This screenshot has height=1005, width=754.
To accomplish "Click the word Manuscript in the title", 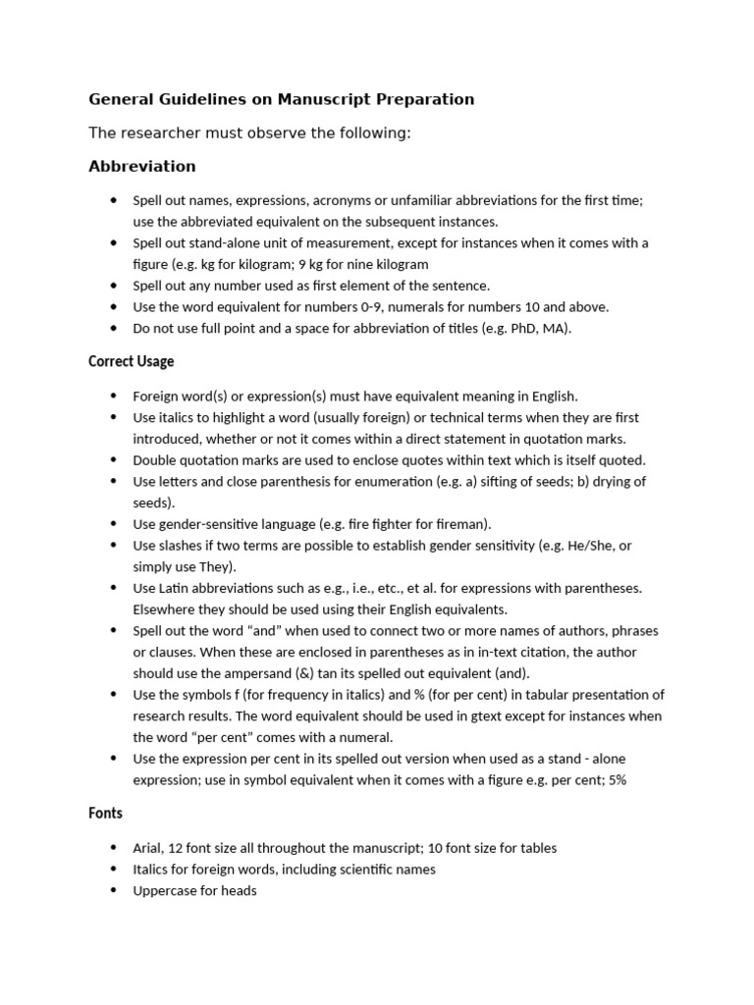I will pos(319,99).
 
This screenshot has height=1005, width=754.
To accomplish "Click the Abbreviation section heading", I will pos(142,166).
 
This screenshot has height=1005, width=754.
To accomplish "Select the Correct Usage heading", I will pos(132,361).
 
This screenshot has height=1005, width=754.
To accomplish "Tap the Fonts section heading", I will pos(105,814).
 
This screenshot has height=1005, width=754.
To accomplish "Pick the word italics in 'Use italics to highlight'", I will pos(180,417).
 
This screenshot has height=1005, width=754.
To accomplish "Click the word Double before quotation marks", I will pos(156,460).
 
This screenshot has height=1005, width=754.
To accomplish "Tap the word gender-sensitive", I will pos(206,524).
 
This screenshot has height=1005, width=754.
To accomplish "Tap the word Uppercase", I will pos(164,890).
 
